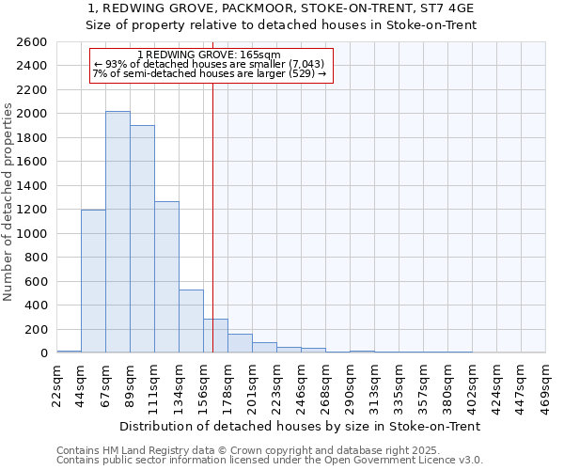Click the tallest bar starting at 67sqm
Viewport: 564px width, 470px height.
pos(117,232)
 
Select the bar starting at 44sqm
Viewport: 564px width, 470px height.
pos(93,281)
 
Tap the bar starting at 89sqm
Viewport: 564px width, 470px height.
pos(142,239)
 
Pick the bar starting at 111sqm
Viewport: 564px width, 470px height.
pos(166,277)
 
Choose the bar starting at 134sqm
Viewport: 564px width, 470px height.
pos(191,321)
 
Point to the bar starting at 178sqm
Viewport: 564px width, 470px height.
pos(240,343)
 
